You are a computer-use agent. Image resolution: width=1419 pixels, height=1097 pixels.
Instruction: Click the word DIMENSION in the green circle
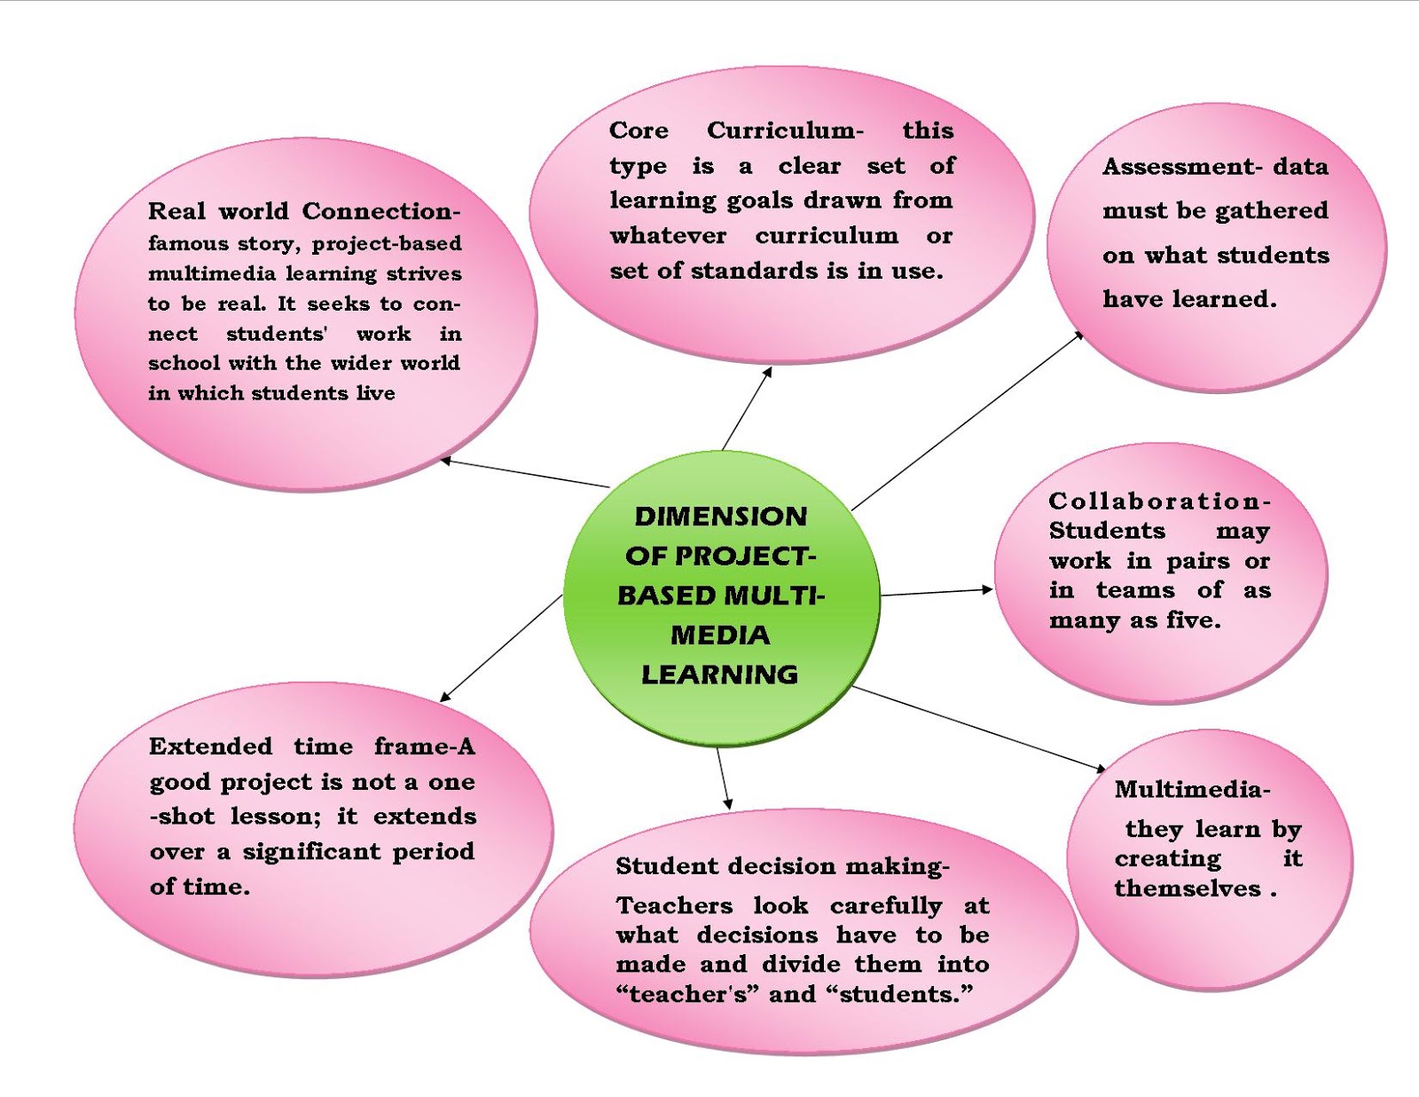pyautogui.click(x=720, y=517)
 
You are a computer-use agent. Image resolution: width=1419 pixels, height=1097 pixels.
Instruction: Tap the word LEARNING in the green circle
pyautogui.click(x=719, y=675)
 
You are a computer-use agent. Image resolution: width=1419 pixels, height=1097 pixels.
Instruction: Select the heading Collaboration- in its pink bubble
pyautogui.click(x=1159, y=501)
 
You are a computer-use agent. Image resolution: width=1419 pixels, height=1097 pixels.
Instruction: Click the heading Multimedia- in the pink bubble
pyautogui.click(x=1192, y=789)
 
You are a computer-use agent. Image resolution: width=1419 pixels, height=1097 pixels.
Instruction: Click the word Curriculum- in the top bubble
pyautogui.click(x=784, y=130)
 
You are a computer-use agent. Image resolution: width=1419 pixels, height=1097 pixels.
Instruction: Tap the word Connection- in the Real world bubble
pyautogui.click(x=380, y=211)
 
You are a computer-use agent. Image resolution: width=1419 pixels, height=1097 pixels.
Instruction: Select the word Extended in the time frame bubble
pyautogui.click(x=210, y=746)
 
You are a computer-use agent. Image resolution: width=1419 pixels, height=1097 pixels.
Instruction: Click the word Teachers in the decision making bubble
pyautogui.click(x=674, y=906)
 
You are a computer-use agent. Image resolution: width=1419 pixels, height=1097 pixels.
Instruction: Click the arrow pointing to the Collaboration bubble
pyautogui.click(x=937, y=592)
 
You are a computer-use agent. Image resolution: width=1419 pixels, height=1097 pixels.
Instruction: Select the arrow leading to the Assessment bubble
pyautogui.click(x=967, y=421)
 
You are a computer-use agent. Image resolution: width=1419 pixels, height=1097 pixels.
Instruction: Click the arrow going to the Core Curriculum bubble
pyautogui.click(x=747, y=409)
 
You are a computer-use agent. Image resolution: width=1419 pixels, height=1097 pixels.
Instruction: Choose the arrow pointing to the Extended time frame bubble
pyautogui.click(x=502, y=648)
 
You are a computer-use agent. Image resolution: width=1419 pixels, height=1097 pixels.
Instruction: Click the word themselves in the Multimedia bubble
pyautogui.click(x=1187, y=889)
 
